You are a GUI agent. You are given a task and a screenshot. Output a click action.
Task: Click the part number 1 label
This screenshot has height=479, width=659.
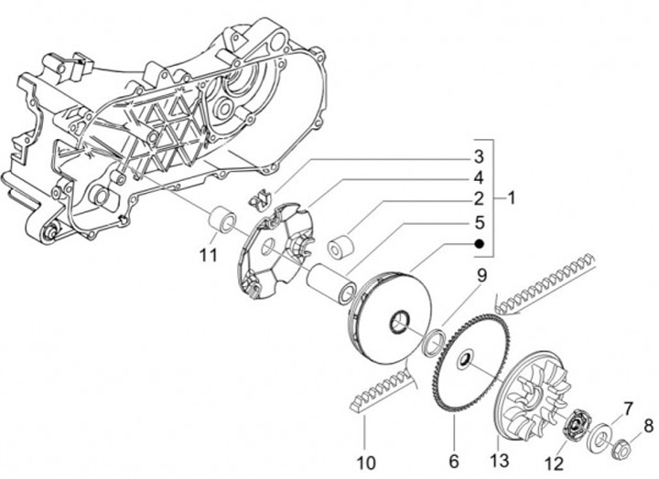(x=512, y=197)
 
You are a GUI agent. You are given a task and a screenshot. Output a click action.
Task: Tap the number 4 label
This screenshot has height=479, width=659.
(x=478, y=176)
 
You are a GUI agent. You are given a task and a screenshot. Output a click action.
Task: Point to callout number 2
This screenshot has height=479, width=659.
(x=478, y=198)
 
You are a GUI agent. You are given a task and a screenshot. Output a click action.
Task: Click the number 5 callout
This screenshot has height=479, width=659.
(x=478, y=221)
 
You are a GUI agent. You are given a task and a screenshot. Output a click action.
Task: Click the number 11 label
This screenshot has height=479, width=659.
(x=208, y=254)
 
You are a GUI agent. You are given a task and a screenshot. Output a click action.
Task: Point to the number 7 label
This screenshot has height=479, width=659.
(x=628, y=406)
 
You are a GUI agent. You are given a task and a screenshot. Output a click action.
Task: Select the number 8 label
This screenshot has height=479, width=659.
(x=646, y=424)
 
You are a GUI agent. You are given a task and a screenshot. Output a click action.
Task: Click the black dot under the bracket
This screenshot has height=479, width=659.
(x=478, y=244)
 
